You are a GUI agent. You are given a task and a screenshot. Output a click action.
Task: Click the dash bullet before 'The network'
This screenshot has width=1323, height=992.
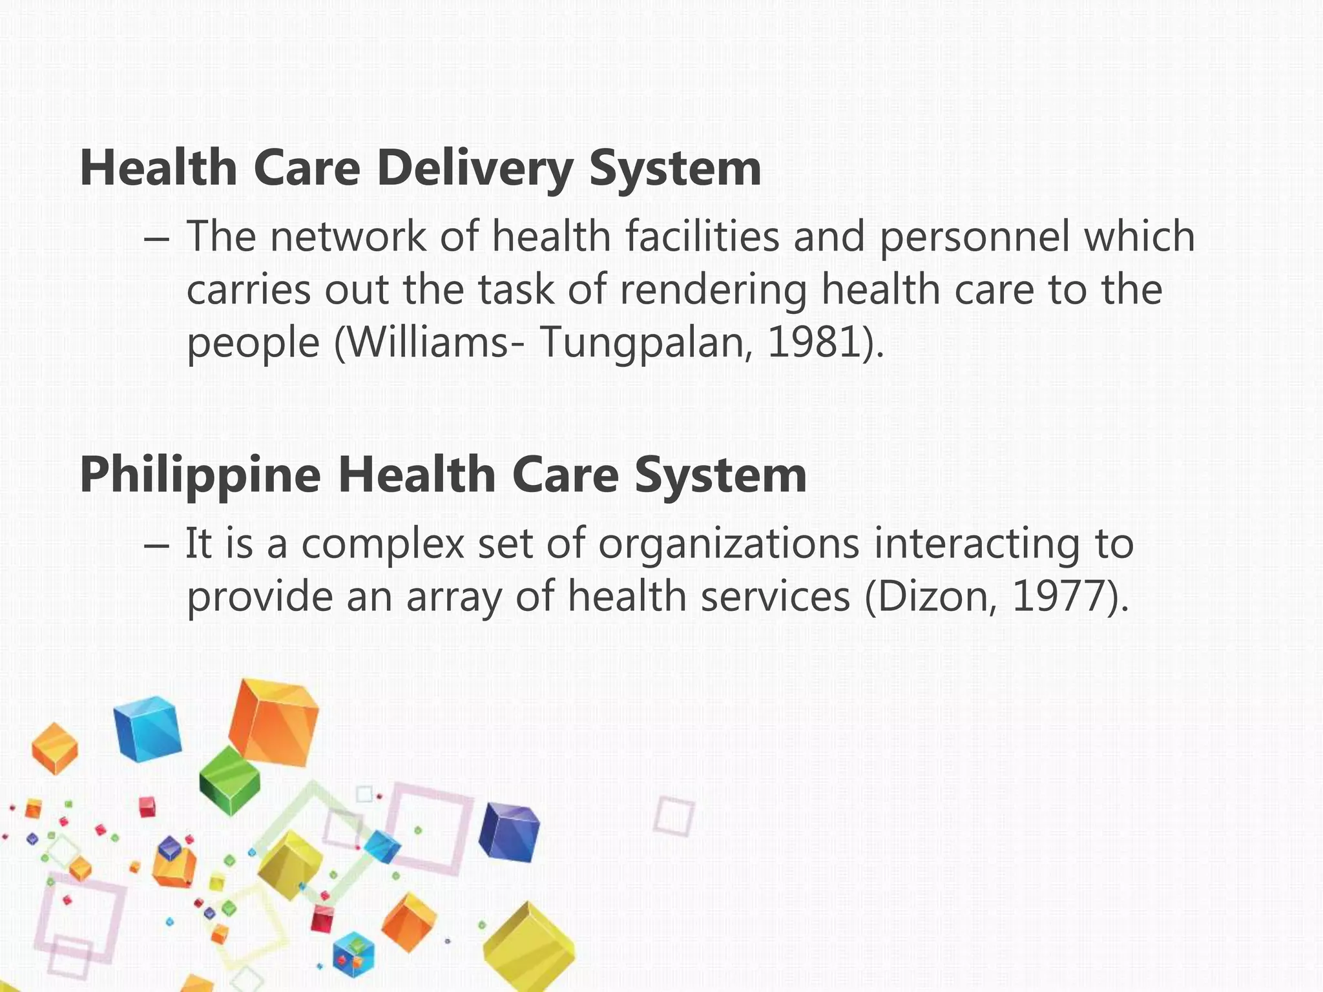tap(157, 239)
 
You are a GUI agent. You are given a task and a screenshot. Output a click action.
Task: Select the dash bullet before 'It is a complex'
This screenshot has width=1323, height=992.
tap(157, 546)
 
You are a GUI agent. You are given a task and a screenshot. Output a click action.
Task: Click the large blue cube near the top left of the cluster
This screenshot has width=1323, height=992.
tap(147, 728)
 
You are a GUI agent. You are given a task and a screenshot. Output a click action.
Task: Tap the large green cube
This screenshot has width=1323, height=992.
tap(229, 780)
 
